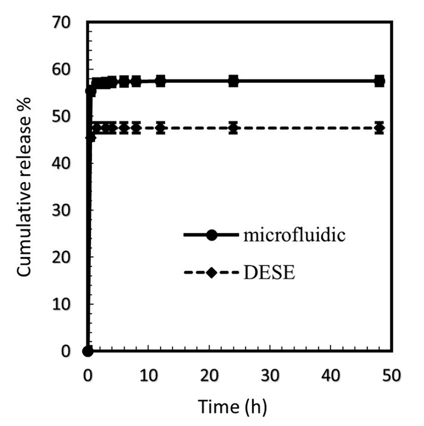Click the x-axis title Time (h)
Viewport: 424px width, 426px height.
(232, 406)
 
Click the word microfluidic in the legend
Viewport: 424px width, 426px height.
(293, 235)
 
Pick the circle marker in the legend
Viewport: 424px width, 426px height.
(211, 235)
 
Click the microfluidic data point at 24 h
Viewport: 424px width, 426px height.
(233, 81)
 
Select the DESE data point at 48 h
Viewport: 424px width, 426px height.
(379, 128)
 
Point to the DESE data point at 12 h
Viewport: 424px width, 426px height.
(160, 128)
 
